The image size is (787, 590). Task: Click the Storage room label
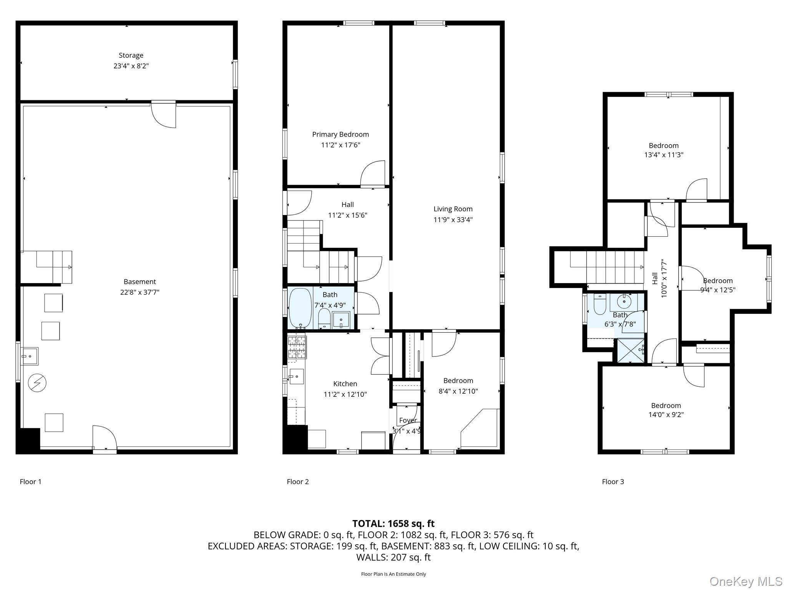click(131, 55)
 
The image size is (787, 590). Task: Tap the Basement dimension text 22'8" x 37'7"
click(139, 292)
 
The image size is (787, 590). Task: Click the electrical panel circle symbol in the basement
click(37, 383)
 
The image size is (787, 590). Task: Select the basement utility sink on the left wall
click(29, 356)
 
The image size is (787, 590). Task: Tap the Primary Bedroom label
click(340, 134)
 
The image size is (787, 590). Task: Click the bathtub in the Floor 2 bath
click(300, 308)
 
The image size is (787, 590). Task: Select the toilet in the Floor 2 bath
click(324, 318)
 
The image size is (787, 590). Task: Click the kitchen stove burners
click(297, 347)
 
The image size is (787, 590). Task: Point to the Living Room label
click(453, 209)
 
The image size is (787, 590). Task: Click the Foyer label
click(407, 420)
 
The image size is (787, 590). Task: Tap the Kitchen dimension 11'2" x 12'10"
click(345, 394)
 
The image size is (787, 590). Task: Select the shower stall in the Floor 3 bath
click(631, 350)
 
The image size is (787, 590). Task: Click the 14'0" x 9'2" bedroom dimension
click(666, 415)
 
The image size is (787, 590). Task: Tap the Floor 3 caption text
click(613, 482)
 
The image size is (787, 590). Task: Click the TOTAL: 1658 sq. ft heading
click(393, 524)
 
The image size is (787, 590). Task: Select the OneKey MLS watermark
click(745, 581)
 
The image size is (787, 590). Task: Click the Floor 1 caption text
click(30, 482)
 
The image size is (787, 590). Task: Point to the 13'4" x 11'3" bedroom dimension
click(663, 155)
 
